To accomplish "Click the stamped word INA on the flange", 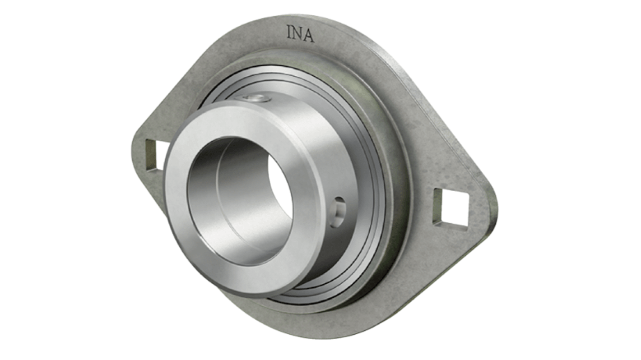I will pyautogui.click(x=300, y=34).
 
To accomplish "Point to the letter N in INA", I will pyautogui.click(x=298, y=34).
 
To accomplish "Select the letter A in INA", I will pyautogui.click(x=308, y=36).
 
